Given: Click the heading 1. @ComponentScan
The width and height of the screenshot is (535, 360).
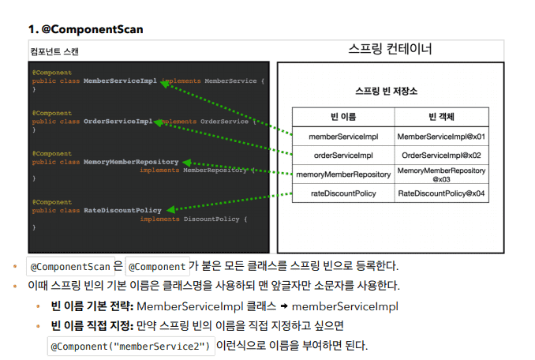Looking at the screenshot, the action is pos(86,29).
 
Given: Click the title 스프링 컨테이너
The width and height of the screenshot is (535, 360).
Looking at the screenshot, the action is pos(390,49).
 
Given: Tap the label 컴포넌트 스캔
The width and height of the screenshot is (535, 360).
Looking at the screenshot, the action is pos(54,51).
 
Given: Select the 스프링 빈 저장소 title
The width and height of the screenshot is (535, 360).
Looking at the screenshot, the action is pos(386,91).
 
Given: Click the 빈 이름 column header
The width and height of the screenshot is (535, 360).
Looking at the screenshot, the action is pos(343,117).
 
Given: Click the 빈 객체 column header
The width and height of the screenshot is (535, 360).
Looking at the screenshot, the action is pos(442,117).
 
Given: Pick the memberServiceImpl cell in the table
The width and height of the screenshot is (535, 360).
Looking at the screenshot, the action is pos(343,137).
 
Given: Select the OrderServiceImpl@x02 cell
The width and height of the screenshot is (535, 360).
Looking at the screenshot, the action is pos(442,156).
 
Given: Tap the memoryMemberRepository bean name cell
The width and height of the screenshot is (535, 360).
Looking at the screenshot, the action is pos(343,174).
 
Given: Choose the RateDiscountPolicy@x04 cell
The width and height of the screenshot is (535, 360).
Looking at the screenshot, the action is pos(442,193).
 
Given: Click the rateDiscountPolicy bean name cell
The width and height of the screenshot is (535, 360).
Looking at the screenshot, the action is pos(343,193).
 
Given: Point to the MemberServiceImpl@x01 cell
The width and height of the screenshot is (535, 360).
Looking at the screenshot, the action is pos(442,137).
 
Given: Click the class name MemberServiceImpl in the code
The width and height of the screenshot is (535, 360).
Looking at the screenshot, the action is pos(120,81).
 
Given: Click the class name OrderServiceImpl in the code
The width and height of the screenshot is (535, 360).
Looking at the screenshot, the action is pos(118,121).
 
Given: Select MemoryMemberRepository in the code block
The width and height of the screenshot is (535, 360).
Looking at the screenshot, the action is pos(131,162).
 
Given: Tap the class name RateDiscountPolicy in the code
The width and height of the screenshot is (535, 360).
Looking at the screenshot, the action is pos(122,210).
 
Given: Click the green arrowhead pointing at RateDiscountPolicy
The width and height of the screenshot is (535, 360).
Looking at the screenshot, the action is pos(170,209).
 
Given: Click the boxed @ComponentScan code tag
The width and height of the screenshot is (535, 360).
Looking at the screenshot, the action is pos(70,267).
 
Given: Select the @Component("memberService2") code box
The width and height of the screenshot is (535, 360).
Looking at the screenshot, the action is pos(131,347).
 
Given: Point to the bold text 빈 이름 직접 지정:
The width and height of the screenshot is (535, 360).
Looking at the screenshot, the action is pos(92,325).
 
